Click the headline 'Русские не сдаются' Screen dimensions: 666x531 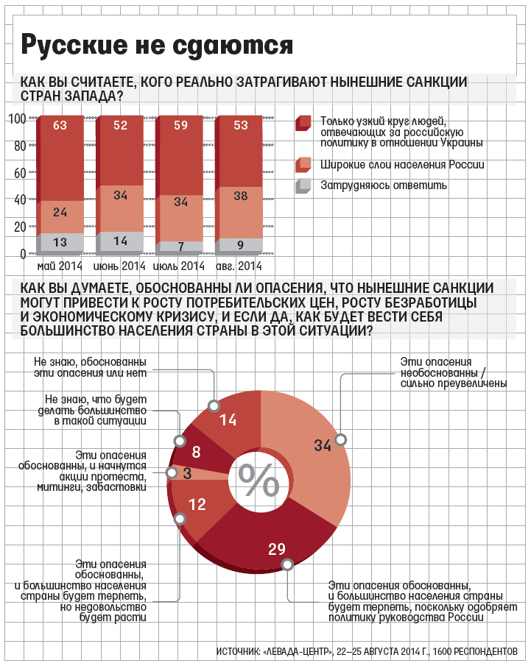[157, 46]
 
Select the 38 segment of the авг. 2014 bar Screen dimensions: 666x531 [241, 196]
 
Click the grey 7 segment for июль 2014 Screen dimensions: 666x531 [180, 247]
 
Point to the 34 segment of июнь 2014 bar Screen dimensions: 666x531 [121, 196]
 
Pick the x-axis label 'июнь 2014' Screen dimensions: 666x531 [119, 265]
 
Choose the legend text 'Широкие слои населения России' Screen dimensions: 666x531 [402, 165]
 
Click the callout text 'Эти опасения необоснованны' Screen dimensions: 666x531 [454, 372]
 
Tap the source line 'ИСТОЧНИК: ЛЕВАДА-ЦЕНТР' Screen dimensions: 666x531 [372, 651]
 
